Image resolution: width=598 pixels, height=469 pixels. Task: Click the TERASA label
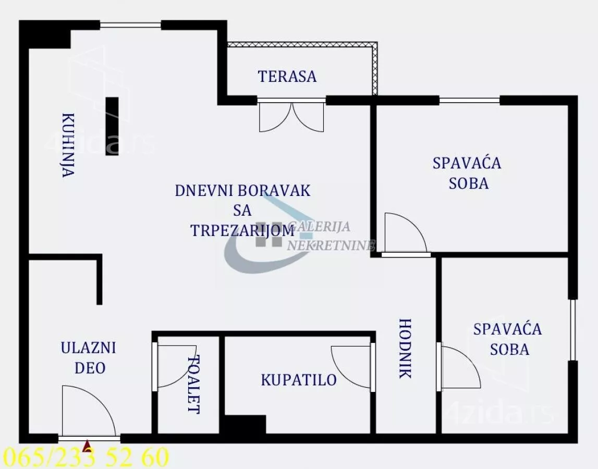(x=287, y=76)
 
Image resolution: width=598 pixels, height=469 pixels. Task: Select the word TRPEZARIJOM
(x=242, y=230)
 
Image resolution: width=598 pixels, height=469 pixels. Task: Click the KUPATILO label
(x=299, y=380)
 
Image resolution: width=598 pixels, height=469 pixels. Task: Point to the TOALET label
(x=193, y=384)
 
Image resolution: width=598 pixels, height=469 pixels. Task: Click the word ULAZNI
(x=88, y=348)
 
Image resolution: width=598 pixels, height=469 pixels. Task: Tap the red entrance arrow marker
(x=87, y=446)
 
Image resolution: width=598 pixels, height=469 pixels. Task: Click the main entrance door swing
(x=86, y=411)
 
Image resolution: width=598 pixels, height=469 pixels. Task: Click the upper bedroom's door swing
(x=405, y=233)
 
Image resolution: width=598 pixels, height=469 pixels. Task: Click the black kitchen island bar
(x=112, y=126)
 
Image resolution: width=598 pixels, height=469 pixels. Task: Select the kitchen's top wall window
(x=130, y=24)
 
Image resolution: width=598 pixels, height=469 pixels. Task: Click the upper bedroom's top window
(x=469, y=100)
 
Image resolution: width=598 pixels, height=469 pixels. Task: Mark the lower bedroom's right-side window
(x=572, y=330)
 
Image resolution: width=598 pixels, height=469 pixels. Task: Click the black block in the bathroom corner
(x=245, y=424)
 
